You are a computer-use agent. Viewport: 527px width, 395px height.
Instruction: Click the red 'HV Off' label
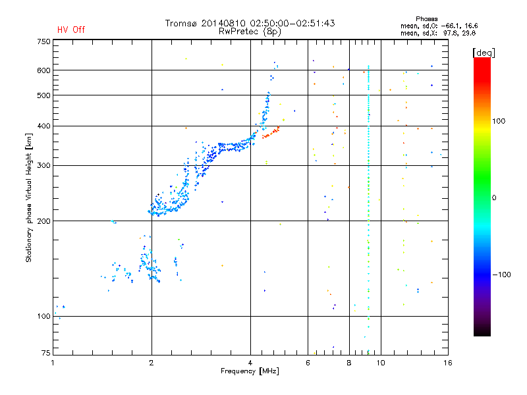[x=70, y=30]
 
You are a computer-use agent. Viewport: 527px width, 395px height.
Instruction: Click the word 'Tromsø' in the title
[x=182, y=23]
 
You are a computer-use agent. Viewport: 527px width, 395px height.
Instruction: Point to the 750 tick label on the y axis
[x=43, y=41]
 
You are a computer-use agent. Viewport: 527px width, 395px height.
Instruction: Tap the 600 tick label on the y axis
[x=43, y=70]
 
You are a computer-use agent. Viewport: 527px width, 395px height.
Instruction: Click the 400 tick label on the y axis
[x=43, y=126]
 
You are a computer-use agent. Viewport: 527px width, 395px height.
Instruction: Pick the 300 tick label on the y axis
[x=43, y=165]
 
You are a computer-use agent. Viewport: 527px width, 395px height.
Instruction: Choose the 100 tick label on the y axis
[x=43, y=317]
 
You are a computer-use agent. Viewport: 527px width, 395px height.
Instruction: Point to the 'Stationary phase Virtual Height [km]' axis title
[x=29, y=197]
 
